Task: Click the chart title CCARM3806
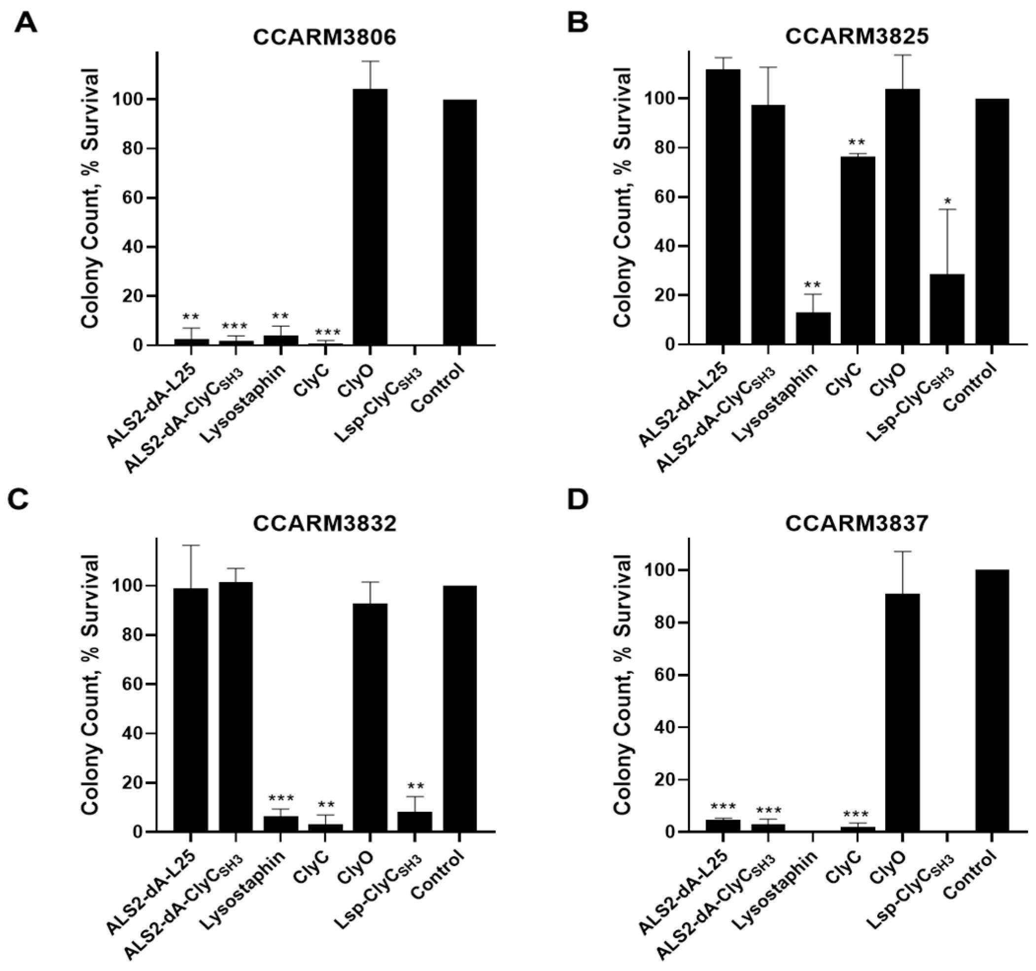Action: (x=325, y=38)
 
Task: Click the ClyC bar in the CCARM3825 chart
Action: (x=857, y=250)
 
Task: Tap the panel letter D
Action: (x=578, y=499)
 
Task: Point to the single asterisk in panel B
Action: (x=947, y=201)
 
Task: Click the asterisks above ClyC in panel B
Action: (x=857, y=142)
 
